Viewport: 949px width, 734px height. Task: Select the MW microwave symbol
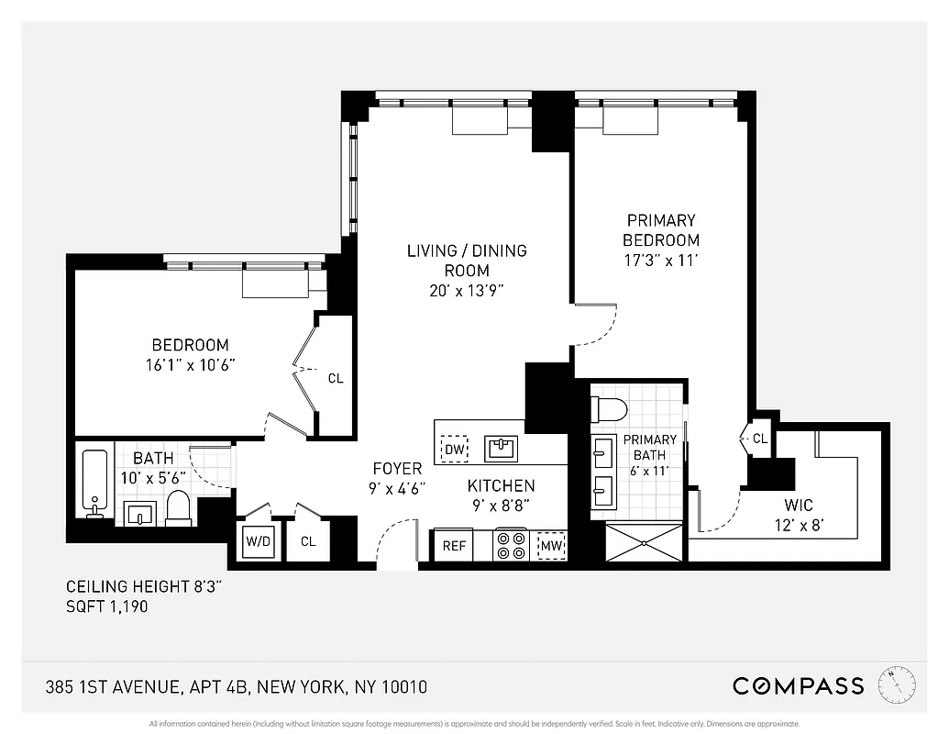pyautogui.click(x=552, y=545)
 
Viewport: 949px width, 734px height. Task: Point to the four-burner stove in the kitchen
pyautogui.click(x=511, y=545)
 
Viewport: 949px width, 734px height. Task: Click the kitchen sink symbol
pyautogui.click(x=502, y=448)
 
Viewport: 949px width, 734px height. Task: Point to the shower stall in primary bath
pyautogui.click(x=644, y=542)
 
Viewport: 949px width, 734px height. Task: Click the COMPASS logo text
pyautogui.click(x=798, y=685)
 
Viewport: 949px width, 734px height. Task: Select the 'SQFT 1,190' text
pyautogui.click(x=106, y=606)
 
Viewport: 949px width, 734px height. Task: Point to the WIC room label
pyautogui.click(x=798, y=506)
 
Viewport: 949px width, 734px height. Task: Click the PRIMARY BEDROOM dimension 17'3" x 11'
pyautogui.click(x=660, y=260)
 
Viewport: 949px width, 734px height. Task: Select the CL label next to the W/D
pyautogui.click(x=308, y=541)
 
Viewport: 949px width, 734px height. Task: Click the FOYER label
pyautogui.click(x=397, y=469)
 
